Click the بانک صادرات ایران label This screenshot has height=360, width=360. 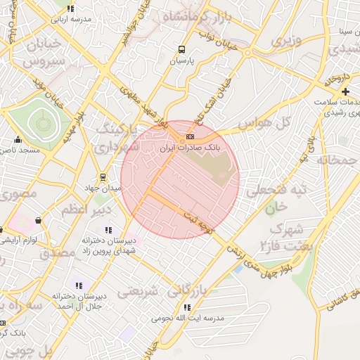pyautogui.click(x=191, y=149)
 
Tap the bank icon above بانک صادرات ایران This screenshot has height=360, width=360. pyautogui.click(x=191, y=136)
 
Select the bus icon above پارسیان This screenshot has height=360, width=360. pyautogui.click(x=182, y=50)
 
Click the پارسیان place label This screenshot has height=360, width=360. pyautogui.click(x=181, y=62)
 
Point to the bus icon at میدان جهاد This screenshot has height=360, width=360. pyautogui.click(x=103, y=177)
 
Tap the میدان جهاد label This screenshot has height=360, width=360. pyautogui.click(x=103, y=188)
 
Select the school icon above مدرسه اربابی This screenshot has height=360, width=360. pyautogui.click(x=70, y=8)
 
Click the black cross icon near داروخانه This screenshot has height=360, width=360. pyautogui.click(x=345, y=92)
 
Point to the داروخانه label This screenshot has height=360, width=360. pyautogui.click(x=337, y=81)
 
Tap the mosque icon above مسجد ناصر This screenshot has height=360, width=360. pyautogui.click(x=18, y=139)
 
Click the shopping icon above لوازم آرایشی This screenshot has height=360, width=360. pyautogui.click(x=37, y=221)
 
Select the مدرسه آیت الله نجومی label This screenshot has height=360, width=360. pyautogui.click(x=187, y=319)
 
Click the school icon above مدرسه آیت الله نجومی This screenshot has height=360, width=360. pyautogui.click(x=186, y=307)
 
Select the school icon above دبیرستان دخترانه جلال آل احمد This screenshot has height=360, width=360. pyautogui.click(x=79, y=285)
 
